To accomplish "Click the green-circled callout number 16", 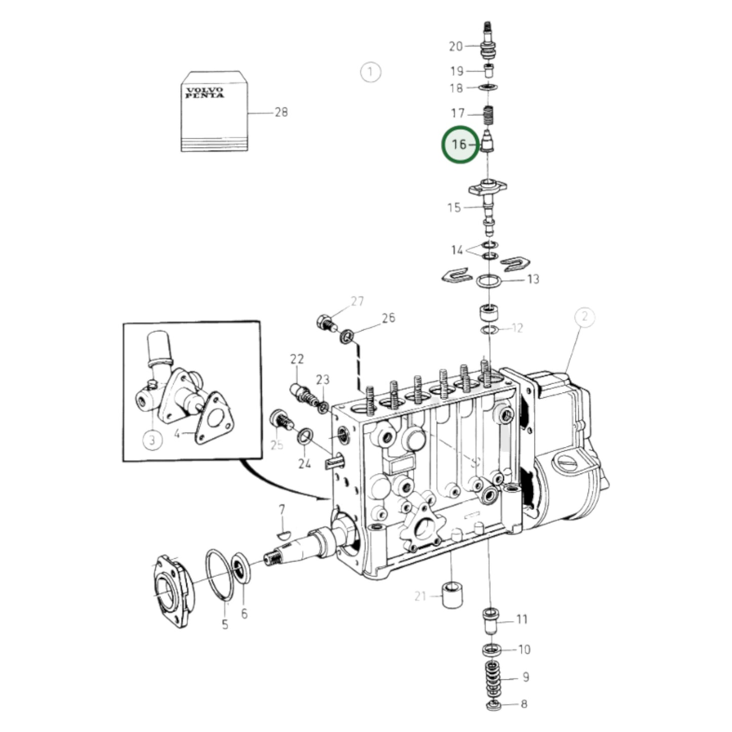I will point(459,144).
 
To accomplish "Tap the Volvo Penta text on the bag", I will point(204,93).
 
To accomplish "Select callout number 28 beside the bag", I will point(281,112).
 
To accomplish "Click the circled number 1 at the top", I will point(370,72).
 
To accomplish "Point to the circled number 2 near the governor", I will point(585,317).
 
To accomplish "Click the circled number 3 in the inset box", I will point(152,440).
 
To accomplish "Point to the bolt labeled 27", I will point(326,322).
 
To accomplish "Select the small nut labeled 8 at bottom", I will point(491,706).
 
